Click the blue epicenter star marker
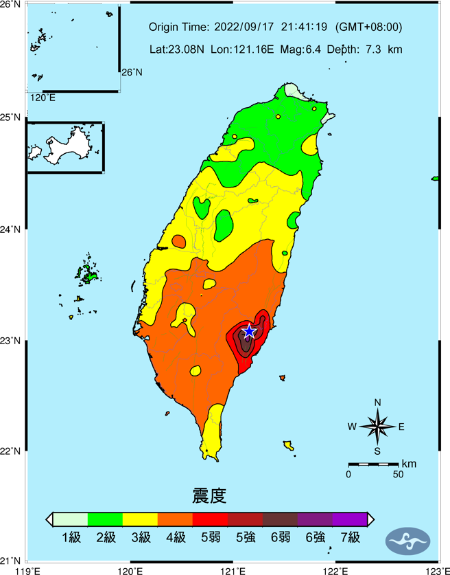click(249, 332)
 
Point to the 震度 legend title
click(210, 494)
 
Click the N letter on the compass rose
click(377, 403)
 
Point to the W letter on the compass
click(352, 427)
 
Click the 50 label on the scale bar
click(397, 474)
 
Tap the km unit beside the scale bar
click(410, 464)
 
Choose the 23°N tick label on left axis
click(12, 341)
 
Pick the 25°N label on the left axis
click(12, 117)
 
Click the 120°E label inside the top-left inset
click(43, 98)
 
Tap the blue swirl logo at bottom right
click(410, 540)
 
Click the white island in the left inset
click(58, 146)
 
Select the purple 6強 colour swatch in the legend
click(314, 519)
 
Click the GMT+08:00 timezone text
click(369, 27)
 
